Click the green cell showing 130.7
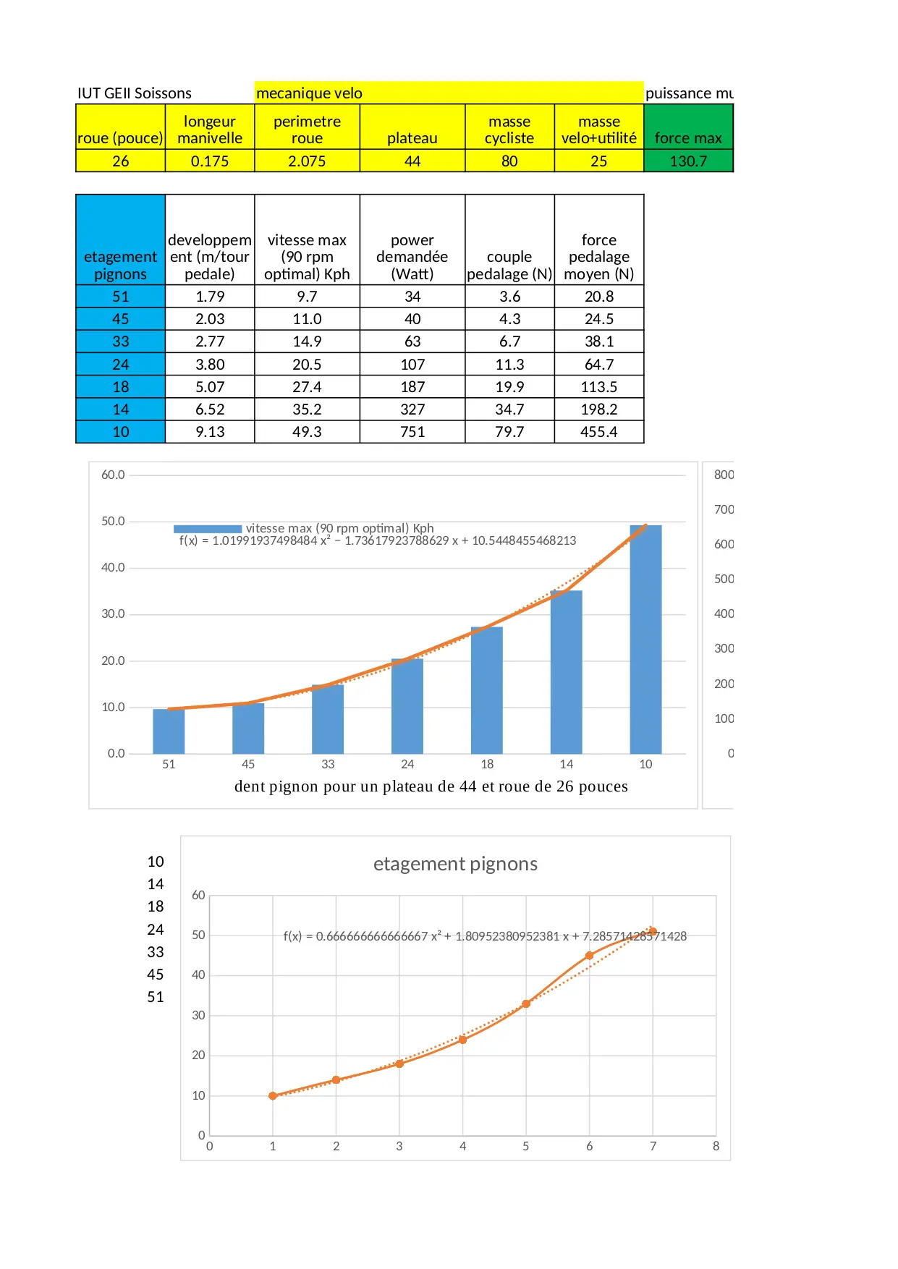coord(688,161)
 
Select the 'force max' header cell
coord(688,137)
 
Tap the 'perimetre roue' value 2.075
coord(307,161)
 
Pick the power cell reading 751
coord(412,432)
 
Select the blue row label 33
coord(120,341)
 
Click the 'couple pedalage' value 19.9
coord(509,387)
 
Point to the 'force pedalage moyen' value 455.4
coord(599,432)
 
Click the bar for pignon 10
coord(645,640)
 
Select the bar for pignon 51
coord(169,731)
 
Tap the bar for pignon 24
coord(407,706)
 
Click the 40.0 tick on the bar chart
coord(113,568)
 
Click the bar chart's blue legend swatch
coord(208,529)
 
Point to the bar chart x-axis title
coord(431,786)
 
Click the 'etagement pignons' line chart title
coord(455,864)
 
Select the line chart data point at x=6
coord(590,956)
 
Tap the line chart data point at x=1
coord(273,1095)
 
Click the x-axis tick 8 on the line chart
coord(716,1146)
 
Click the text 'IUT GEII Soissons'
coord(135,93)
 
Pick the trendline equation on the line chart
coord(485,936)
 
